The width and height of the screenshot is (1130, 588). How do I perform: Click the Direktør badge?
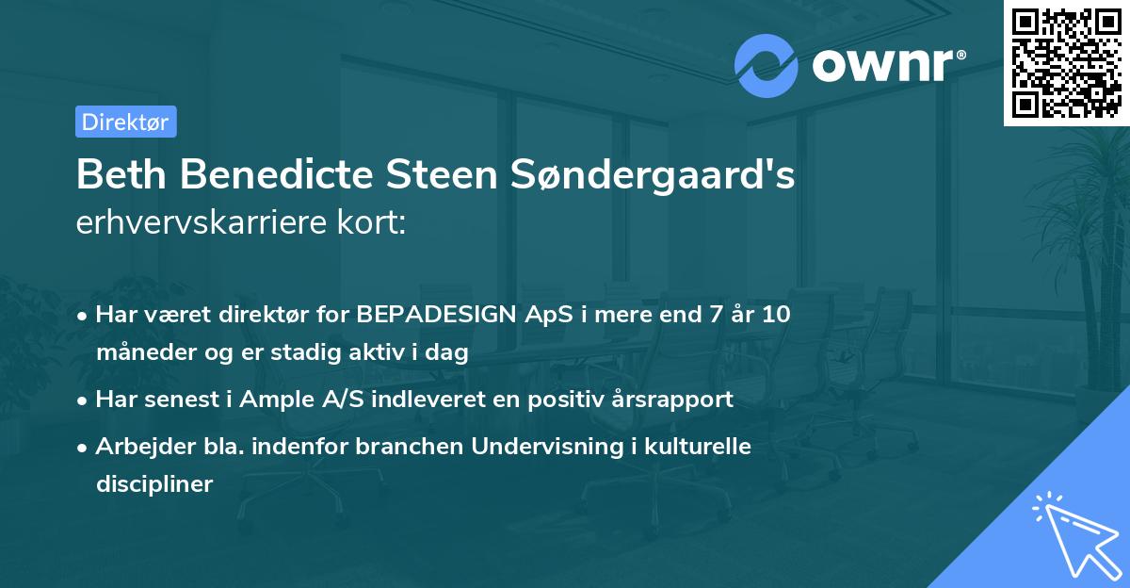[x=125, y=122]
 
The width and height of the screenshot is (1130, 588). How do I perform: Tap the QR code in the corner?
[x=1065, y=63]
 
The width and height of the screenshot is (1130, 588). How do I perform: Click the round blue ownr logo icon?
[x=767, y=66]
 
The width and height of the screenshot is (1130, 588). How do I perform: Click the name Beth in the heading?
[x=118, y=175]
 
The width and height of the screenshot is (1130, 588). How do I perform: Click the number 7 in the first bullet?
[x=712, y=315]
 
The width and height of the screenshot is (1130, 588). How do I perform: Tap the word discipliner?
[x=154, y=484]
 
